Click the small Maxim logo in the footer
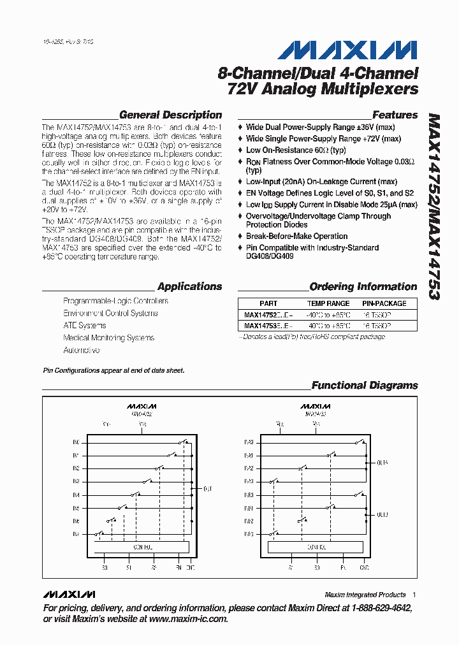point(69,594)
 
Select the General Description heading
point(170,115)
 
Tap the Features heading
point(395,115)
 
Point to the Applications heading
point(189,287)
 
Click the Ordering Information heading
point(363,287)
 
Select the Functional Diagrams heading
point(364,386)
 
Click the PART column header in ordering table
point(268,303)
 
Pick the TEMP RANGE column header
point(328,303)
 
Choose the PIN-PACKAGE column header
point(384,303)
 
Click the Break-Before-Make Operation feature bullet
point(296,236)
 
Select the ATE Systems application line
point(85,326)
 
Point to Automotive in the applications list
point(82,351)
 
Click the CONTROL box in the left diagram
point(141,547)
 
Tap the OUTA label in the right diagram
point(382,463)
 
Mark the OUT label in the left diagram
point(208,489)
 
